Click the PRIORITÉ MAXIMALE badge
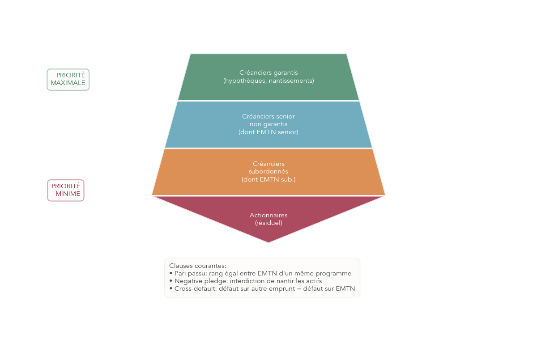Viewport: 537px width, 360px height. point(68,80)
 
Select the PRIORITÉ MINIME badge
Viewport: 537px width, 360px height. point(66,191)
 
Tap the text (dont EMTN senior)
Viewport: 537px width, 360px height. point(268,132)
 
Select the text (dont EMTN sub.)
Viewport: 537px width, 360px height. point(268,179)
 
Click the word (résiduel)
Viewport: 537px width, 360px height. point(268,223)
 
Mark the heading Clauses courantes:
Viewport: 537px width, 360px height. point(198,266)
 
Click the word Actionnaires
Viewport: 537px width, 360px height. point(268,215)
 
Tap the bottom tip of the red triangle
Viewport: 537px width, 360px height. point(268,241)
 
